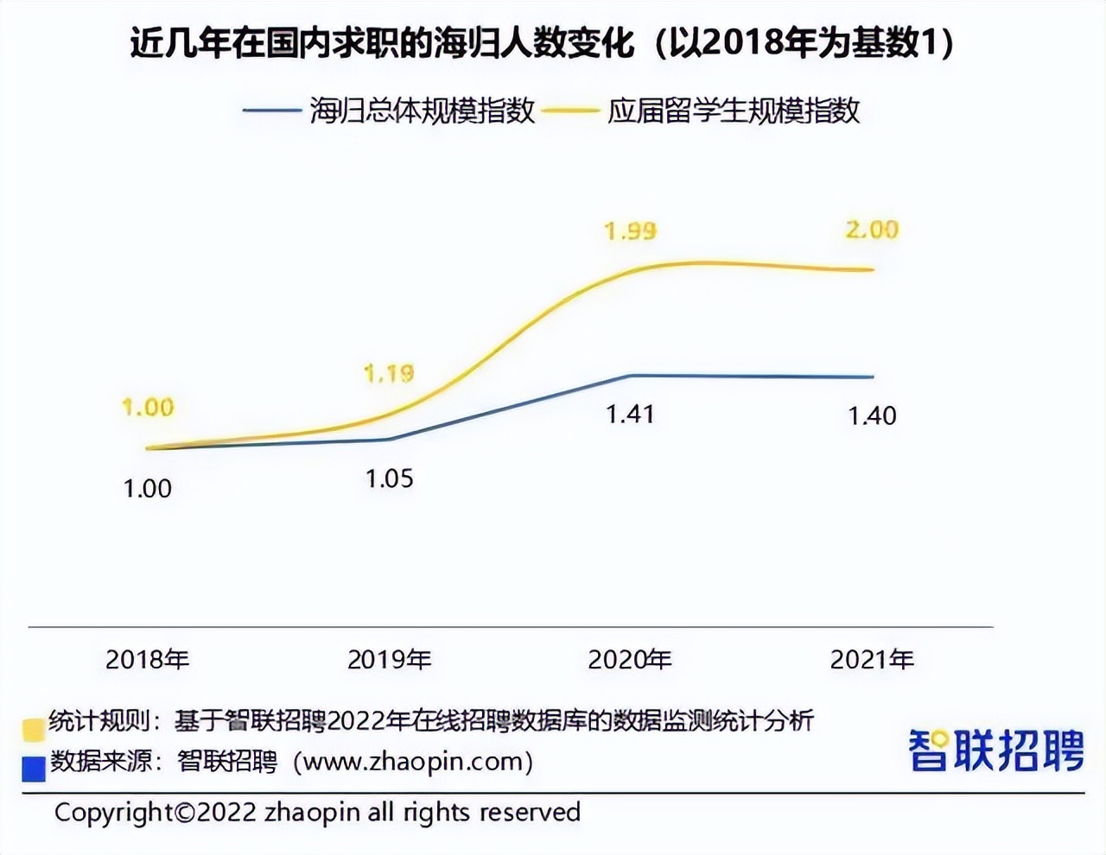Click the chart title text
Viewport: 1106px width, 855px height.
click(x=542, y=43)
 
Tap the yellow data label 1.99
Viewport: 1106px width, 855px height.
click(x=630, y=231)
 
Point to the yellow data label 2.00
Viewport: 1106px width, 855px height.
click(x=872, y=230)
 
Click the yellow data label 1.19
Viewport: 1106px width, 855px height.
click(x=389, y=373)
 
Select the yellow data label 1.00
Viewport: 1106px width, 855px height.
click(x=148, y=407)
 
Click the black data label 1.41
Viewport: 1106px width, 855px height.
click(x=630, y=415)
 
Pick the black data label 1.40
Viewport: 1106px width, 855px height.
click(x=872, y=416)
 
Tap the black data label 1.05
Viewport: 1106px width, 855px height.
click(x=389, y=478)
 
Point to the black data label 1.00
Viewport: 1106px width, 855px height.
click(x=148, y=489)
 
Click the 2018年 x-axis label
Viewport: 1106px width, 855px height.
click(x=148, y=660)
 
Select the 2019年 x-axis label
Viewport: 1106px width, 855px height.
click(x=389, y=660)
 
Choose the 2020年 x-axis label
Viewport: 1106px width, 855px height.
click(x=630, y=660)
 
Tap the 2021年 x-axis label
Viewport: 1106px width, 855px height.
click(x=872, y=660)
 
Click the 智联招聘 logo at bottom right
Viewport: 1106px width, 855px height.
click(x=996, y=750)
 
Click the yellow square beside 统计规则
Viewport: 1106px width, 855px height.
click(x=34, y=729)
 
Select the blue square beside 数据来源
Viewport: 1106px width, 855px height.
click(x=34, y=768)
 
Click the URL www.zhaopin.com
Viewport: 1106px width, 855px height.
click(x=413, y=762)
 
